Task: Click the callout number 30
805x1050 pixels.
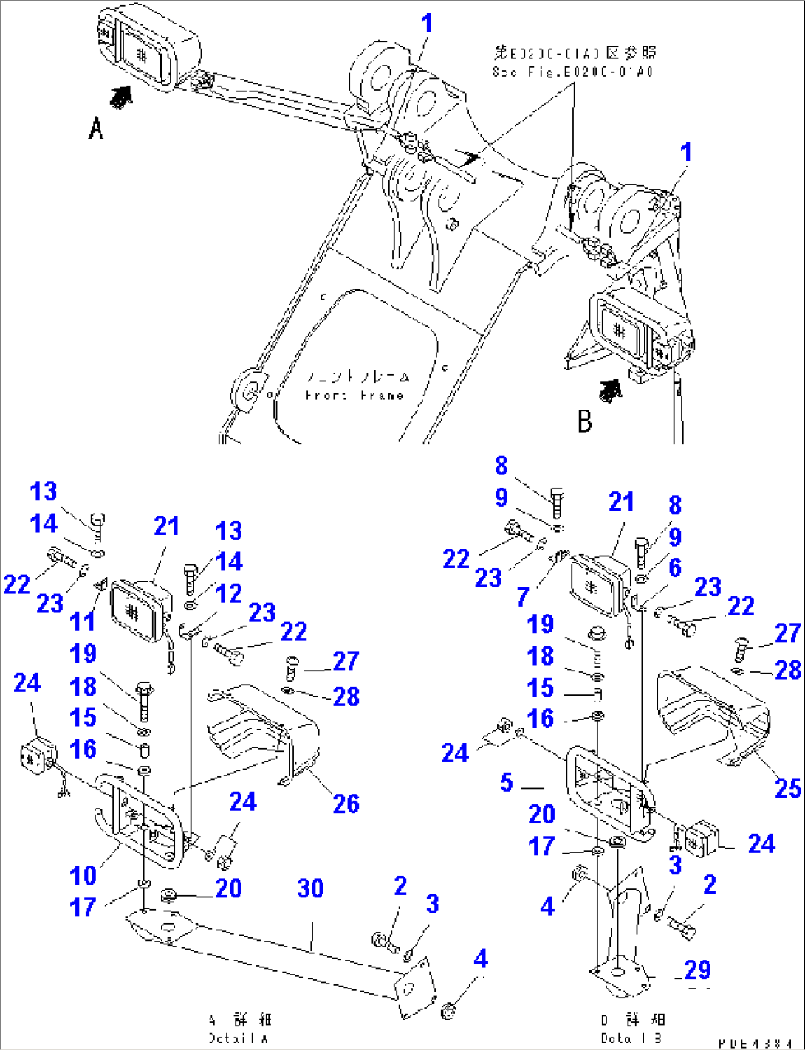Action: coord(310,888)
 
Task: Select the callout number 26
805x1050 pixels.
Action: coord(346,804)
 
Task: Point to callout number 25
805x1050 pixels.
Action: coord(787,788)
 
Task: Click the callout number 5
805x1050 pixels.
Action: coord(506,782)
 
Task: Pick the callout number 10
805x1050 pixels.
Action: coord(83,875)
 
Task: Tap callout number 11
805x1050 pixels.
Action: coord(83,621)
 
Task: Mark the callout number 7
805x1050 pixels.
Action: coord(523,595)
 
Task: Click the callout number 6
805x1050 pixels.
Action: coord(674,567)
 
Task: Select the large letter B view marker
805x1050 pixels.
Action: coord(585,421)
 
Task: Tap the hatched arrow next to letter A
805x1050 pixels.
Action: coord(120,96)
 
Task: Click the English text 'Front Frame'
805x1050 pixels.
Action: coord(354,396)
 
